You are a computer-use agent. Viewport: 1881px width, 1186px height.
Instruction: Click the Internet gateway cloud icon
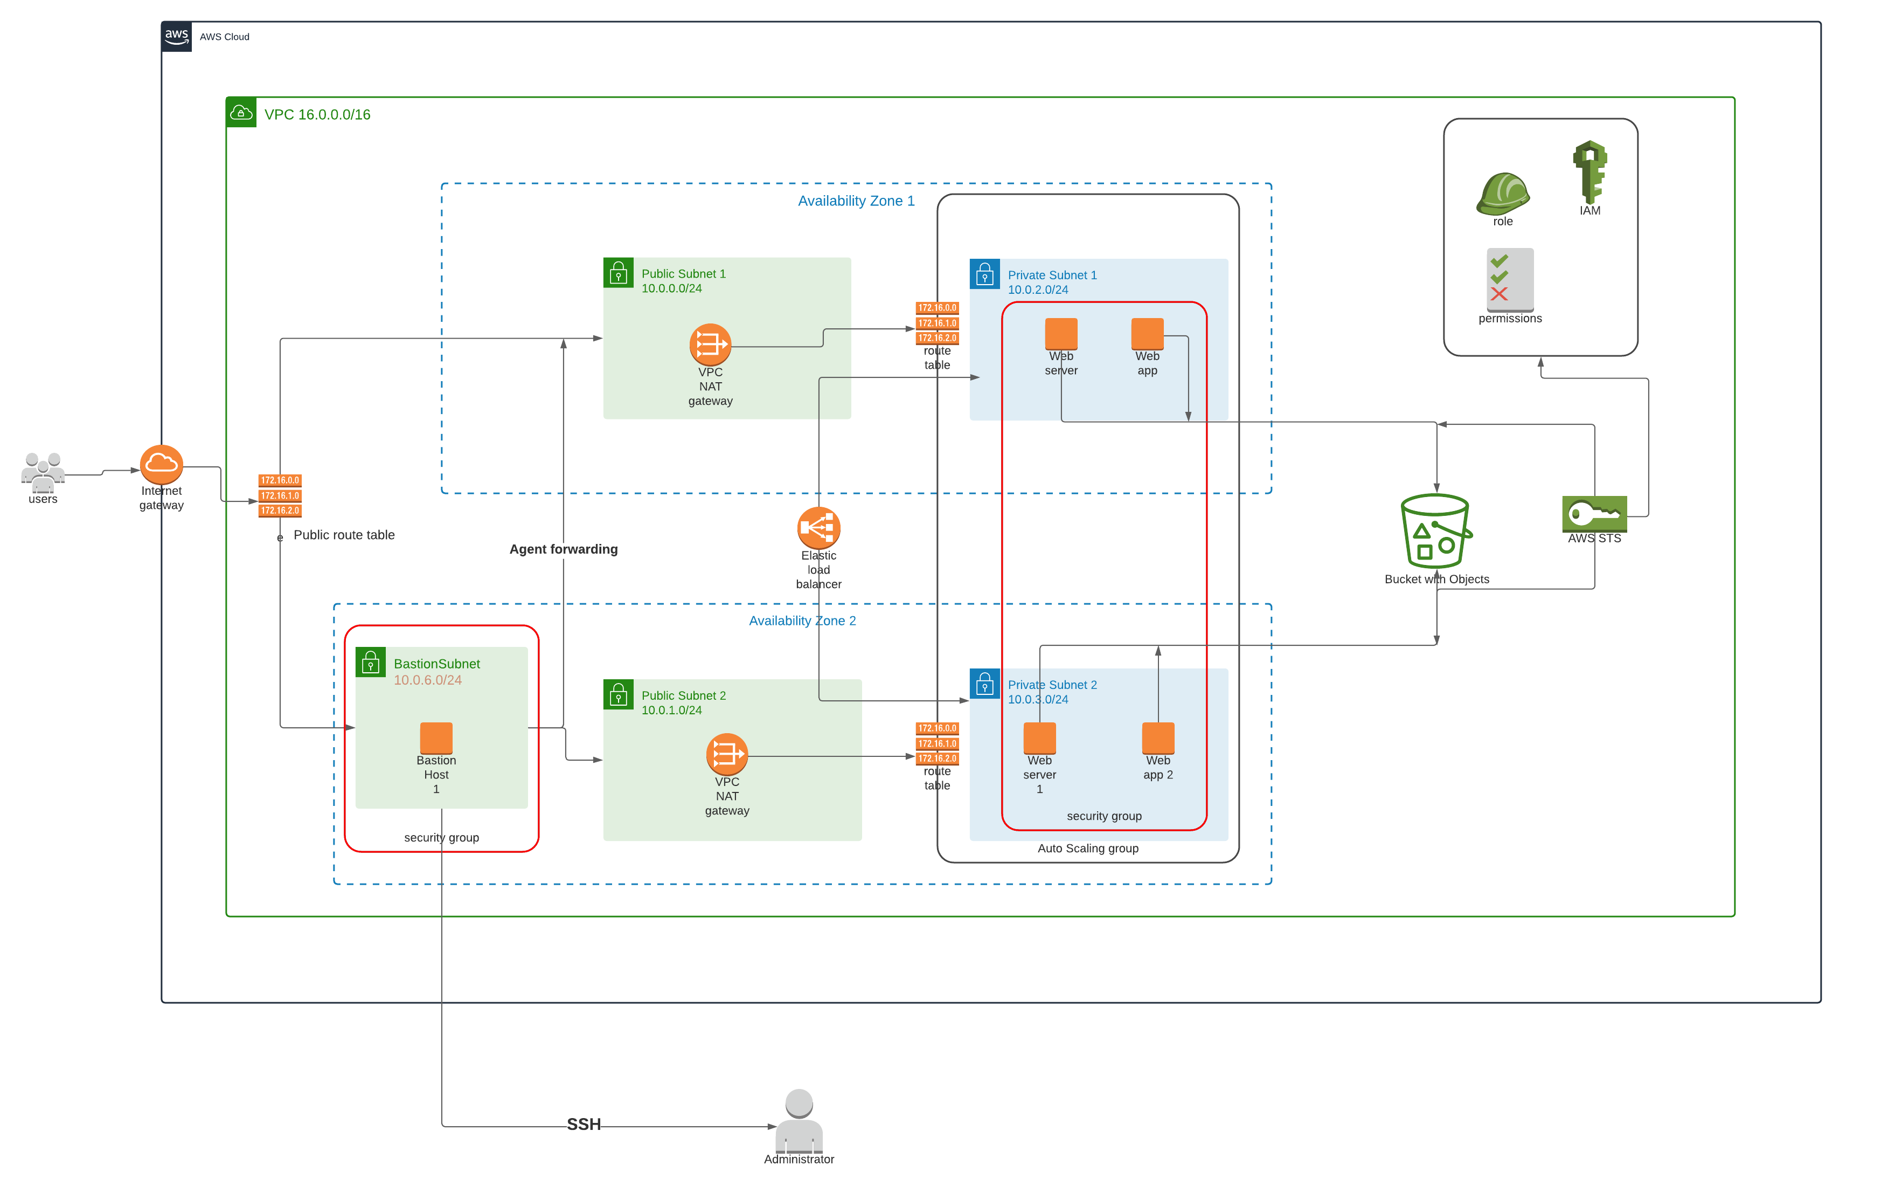tap(161, 465)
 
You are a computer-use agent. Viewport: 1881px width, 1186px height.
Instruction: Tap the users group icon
tap(43, 471)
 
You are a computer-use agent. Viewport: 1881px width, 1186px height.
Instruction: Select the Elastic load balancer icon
tap(818, 528)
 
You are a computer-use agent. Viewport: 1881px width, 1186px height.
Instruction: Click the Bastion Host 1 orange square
tap(436, 737)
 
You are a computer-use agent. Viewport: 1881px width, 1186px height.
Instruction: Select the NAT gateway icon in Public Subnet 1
tap(710, 344)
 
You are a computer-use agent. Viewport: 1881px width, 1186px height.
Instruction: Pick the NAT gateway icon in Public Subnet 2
tap(726, 754)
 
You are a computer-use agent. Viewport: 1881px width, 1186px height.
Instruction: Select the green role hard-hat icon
tap(1502, 194)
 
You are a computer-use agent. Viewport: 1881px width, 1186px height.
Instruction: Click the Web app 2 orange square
tap(1158, 737)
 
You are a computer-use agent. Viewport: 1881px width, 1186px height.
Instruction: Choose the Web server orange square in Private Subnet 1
tap(1061, 334)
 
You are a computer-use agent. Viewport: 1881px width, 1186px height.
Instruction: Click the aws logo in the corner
tap(177, 36)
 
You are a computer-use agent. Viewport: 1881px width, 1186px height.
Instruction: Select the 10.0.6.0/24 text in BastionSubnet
tap(427, 680)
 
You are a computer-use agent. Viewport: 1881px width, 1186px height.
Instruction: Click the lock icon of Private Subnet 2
tap(984, 684)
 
